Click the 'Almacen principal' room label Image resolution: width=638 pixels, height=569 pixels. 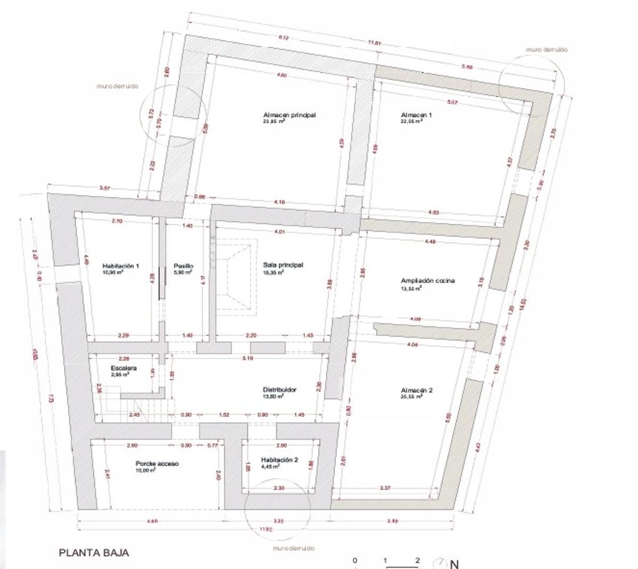tap(289, 115)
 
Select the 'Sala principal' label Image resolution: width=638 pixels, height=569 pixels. tap(283, 265)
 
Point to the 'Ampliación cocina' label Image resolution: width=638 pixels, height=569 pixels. tap(427, 281)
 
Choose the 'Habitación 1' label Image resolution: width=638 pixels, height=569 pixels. tap(121, 266)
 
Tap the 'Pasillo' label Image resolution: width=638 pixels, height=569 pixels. tap(183, 266)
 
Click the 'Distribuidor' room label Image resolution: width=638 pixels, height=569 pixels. tap(280, 390)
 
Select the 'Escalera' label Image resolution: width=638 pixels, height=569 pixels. tap(124, 368)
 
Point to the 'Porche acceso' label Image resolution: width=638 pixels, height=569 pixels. tap(157, 464)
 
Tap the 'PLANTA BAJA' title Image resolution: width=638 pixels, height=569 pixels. tap(94, 553)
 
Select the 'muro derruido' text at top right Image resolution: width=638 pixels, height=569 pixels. tap(547, 49)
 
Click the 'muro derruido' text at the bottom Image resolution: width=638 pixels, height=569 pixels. tap(293, 548)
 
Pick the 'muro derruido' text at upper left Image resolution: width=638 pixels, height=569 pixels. tap(117, 86)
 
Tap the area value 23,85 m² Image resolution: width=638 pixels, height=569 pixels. tap(273, 121)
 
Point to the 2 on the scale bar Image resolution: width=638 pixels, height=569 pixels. tap(417, 560)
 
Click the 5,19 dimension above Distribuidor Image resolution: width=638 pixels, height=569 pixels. tap(247, 358)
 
